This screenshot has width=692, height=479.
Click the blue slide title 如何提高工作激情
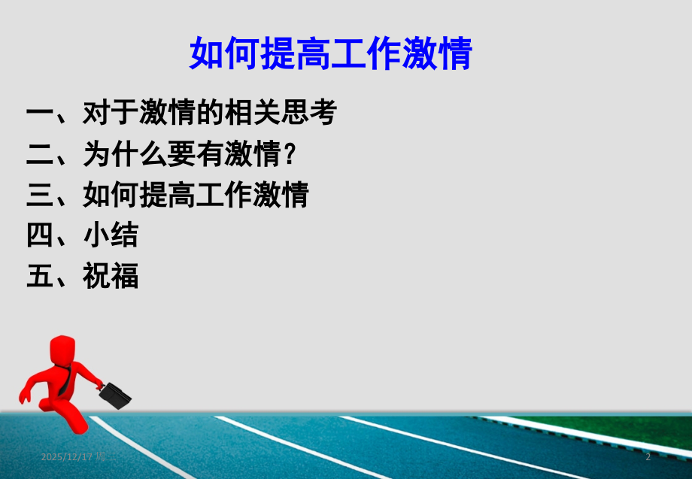(330, 54)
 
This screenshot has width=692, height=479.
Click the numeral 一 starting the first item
(39, 114)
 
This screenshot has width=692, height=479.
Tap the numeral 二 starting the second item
(39, 155)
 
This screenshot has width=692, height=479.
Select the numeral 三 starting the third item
(39, 196)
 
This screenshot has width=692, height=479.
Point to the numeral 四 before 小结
(39, 236)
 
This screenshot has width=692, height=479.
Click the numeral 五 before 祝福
(39, 277)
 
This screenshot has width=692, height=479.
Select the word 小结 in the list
(111, 236)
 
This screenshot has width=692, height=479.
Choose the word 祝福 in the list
(111, 277)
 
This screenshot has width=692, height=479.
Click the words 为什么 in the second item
(125, 155)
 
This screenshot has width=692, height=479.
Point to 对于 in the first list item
(111, 114)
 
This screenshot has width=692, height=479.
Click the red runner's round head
(62, 351)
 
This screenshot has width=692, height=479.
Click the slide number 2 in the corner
(648, 457)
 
